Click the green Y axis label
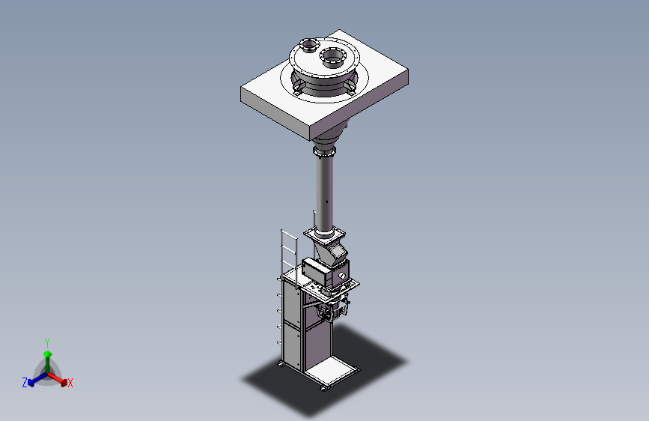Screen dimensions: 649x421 click(x=47, y=342)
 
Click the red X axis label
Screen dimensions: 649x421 click(x=70, y=383)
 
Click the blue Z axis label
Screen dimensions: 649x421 click(x=25, y=383)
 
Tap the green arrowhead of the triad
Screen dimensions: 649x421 click(x=48, y=354)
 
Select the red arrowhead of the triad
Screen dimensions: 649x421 click(x=64, y=381)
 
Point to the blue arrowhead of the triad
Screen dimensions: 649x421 click(x=31, y=383)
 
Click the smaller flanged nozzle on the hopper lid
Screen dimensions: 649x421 click(x=308, y=45)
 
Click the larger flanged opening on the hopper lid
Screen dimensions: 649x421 click(x=332, y=57)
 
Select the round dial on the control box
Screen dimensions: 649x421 click(x=342, y=276)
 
